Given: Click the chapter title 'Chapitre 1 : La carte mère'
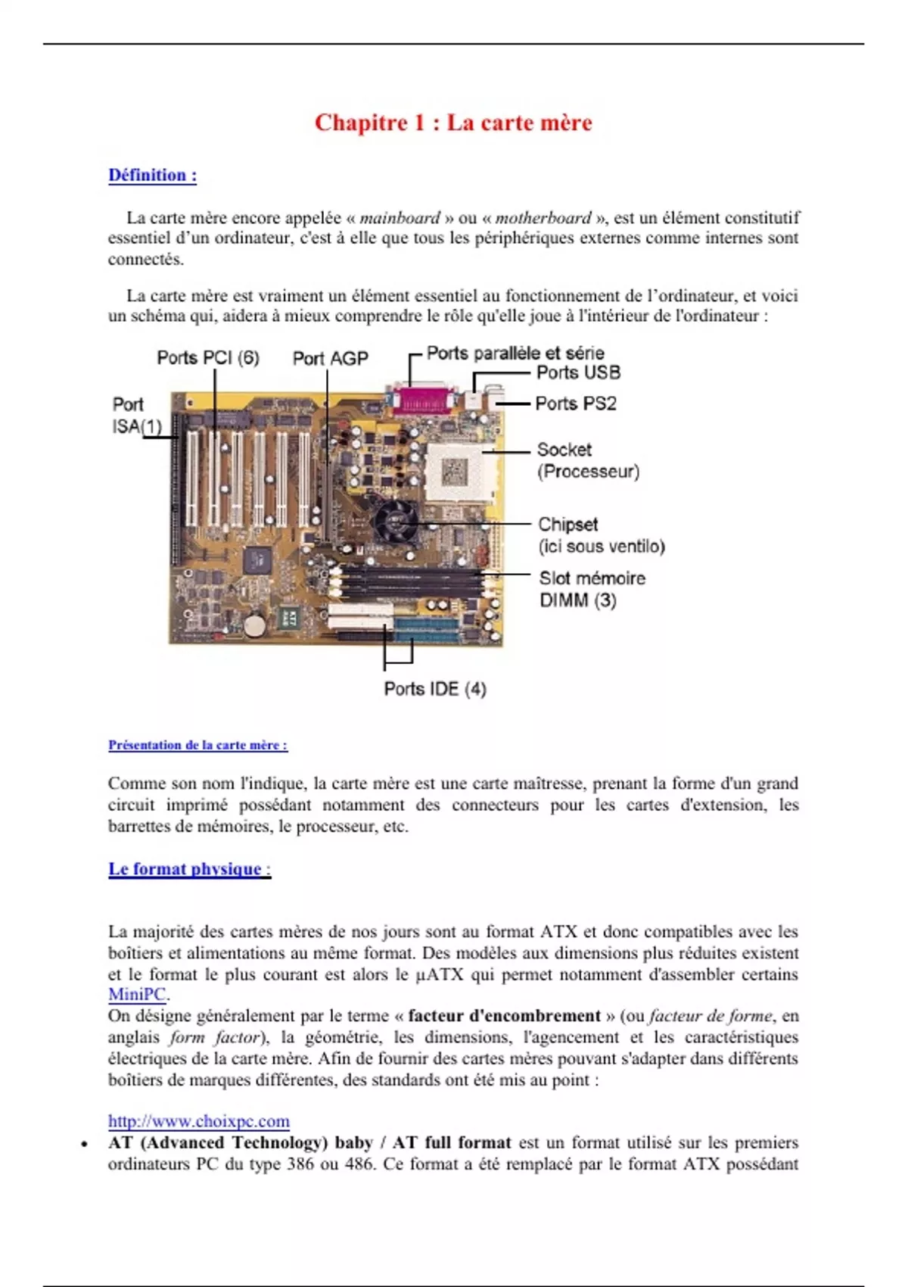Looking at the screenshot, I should click(x=453, y=123).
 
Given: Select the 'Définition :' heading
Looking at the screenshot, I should click(x=152, y=176).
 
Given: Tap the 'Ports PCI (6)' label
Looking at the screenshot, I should click(x=208, y=357).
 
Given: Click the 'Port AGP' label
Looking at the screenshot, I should click(x=330, y=358).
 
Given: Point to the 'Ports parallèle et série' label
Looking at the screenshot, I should click(x=515, y=353).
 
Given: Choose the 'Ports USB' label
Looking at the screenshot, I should click(x=578, y=372).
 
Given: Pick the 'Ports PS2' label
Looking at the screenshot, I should click(x=576, y=404).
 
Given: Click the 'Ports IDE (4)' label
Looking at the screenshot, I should click(x=434, y=689).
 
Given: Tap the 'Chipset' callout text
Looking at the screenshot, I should click(x=567, y=525).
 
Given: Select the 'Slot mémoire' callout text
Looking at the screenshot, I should click(x=592, y=578).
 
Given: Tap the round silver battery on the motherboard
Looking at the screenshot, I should click(x=257, y=624).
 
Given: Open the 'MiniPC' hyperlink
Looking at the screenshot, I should click(x=136, y=995).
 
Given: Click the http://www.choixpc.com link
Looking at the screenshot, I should click(x=198, y=1121).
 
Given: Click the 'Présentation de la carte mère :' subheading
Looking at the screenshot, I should click(x=197, y=745).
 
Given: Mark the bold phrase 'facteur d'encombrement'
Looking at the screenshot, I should click(x=504, y=1016).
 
